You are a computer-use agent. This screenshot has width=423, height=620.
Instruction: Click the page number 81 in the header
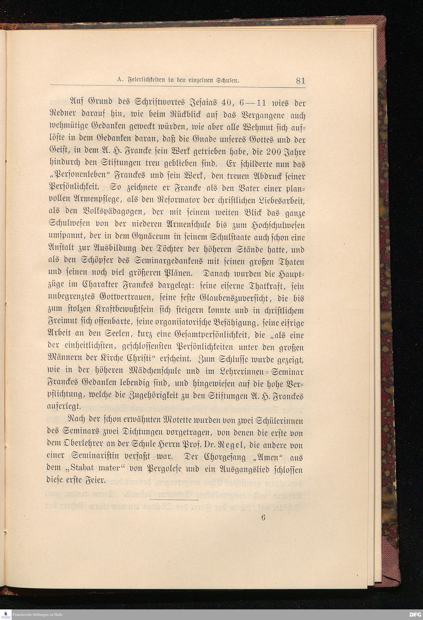(x=300, y=81)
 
